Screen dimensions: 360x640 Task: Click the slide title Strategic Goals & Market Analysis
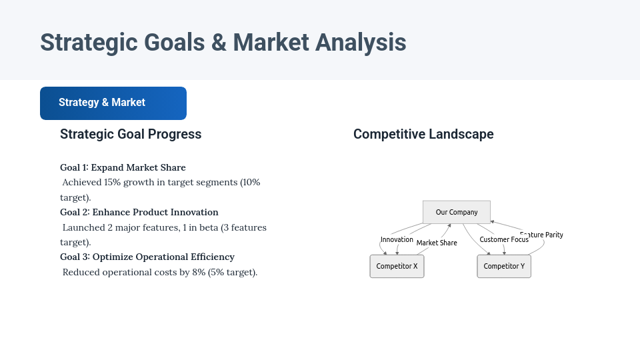coord(223,42)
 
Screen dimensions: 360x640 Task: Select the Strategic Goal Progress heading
coord(131,134)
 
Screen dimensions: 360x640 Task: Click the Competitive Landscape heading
coord(423,134)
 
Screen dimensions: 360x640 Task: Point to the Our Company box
coord(457,212)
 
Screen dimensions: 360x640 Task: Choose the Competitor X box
coord(397,266)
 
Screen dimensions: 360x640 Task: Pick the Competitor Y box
coord(504,266)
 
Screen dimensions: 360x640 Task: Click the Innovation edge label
coord(397,239)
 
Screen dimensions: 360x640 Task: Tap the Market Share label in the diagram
coord(437,243)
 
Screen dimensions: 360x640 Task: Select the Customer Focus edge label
coord(504,239)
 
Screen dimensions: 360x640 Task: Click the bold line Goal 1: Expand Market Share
coord(123,167)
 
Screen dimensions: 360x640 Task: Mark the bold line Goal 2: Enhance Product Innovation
coord(139,212)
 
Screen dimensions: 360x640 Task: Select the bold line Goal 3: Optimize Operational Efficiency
coord(147,257)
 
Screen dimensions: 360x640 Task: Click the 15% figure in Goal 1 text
coord(112,182)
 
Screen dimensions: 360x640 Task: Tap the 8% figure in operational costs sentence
coord(198,272)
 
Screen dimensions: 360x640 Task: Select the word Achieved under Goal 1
coord(82,182)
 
